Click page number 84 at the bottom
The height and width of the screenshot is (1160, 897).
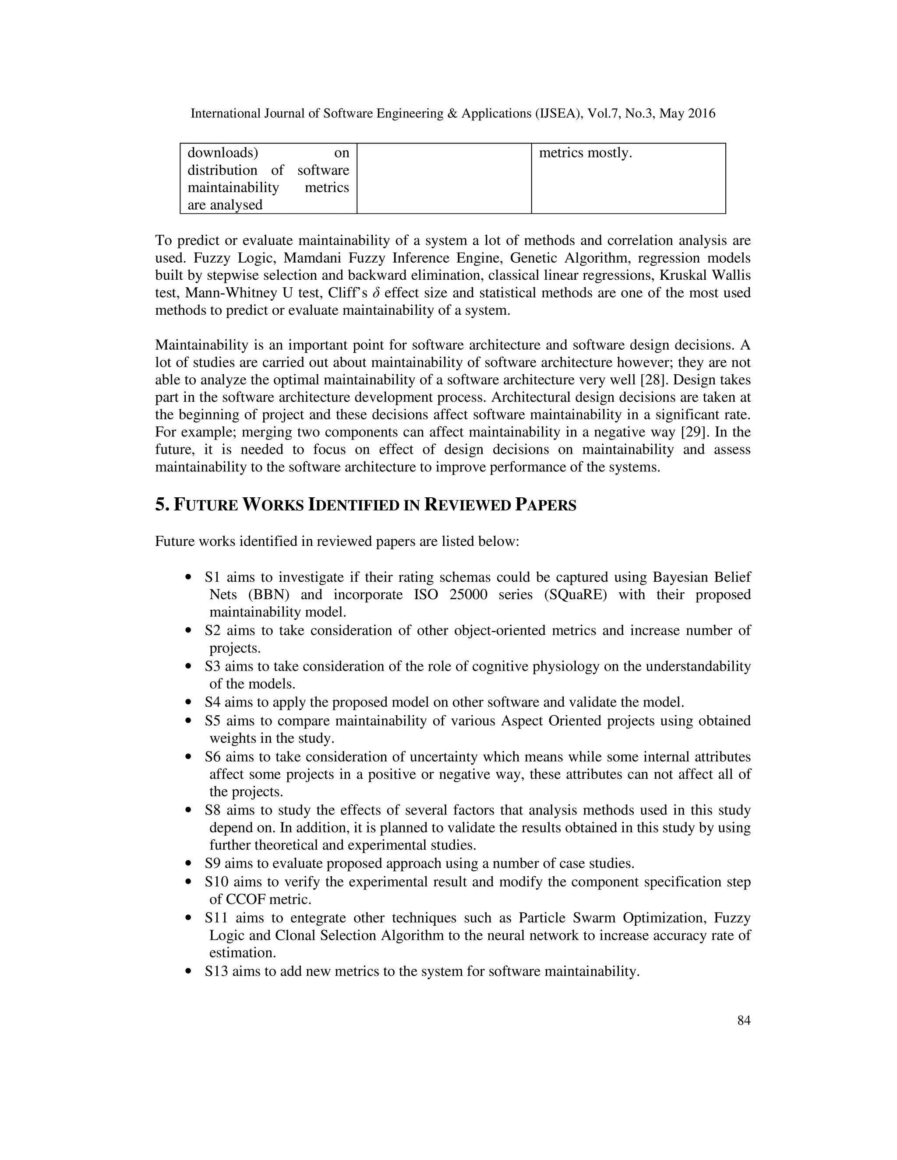743,1020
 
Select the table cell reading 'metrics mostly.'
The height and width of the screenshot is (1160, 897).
585,153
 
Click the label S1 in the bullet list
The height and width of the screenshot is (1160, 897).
212,577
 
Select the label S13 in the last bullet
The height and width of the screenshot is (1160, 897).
216,971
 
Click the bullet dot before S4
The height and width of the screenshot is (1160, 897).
187,703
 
